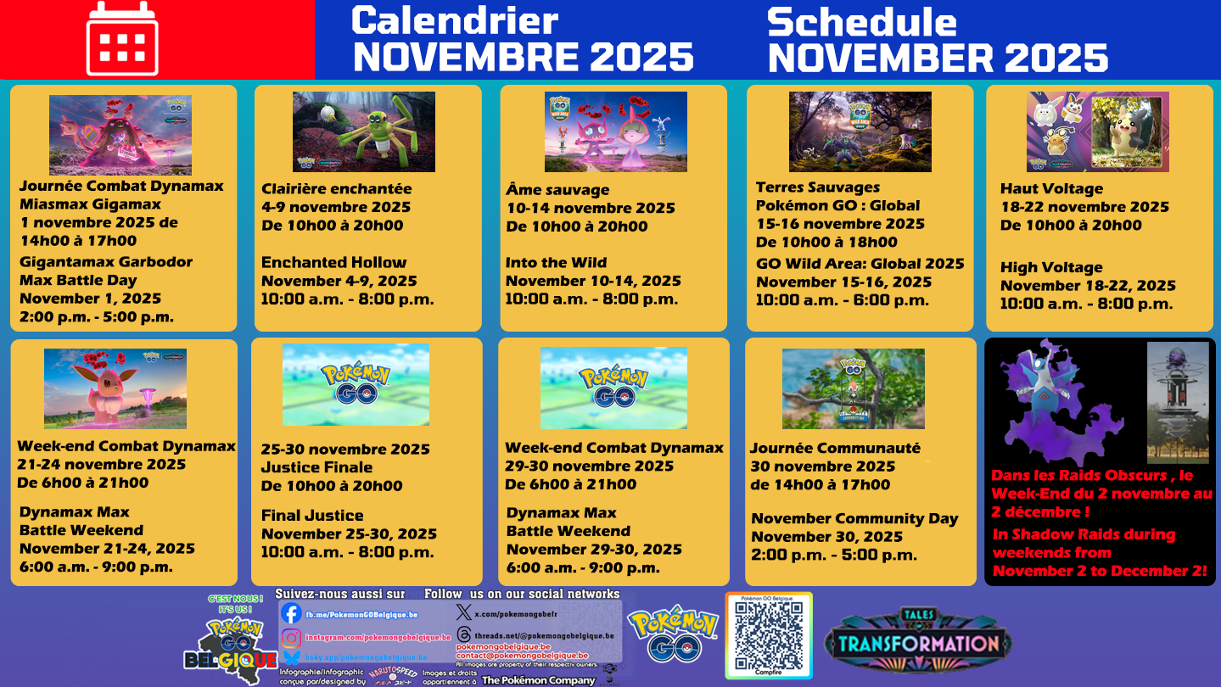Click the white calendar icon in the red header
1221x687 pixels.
coord(122,39)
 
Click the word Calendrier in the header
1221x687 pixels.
coord(455,20)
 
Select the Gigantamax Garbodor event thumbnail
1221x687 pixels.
coord(120,135)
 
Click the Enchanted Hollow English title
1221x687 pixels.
coord(333,263)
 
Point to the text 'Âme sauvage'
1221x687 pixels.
coord(557,190)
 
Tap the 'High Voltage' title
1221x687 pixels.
coord(1051,268)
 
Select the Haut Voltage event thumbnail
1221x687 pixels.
coord(1097,131)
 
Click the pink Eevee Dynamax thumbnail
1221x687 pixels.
coord(115,388)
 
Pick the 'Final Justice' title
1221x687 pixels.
coord(312,516)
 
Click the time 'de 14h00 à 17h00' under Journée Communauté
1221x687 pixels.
coord(820,485)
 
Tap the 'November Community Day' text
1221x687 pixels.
coord(854,519)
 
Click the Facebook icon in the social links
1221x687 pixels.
coord(291,614)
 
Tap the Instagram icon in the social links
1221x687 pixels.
coord(291,638)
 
